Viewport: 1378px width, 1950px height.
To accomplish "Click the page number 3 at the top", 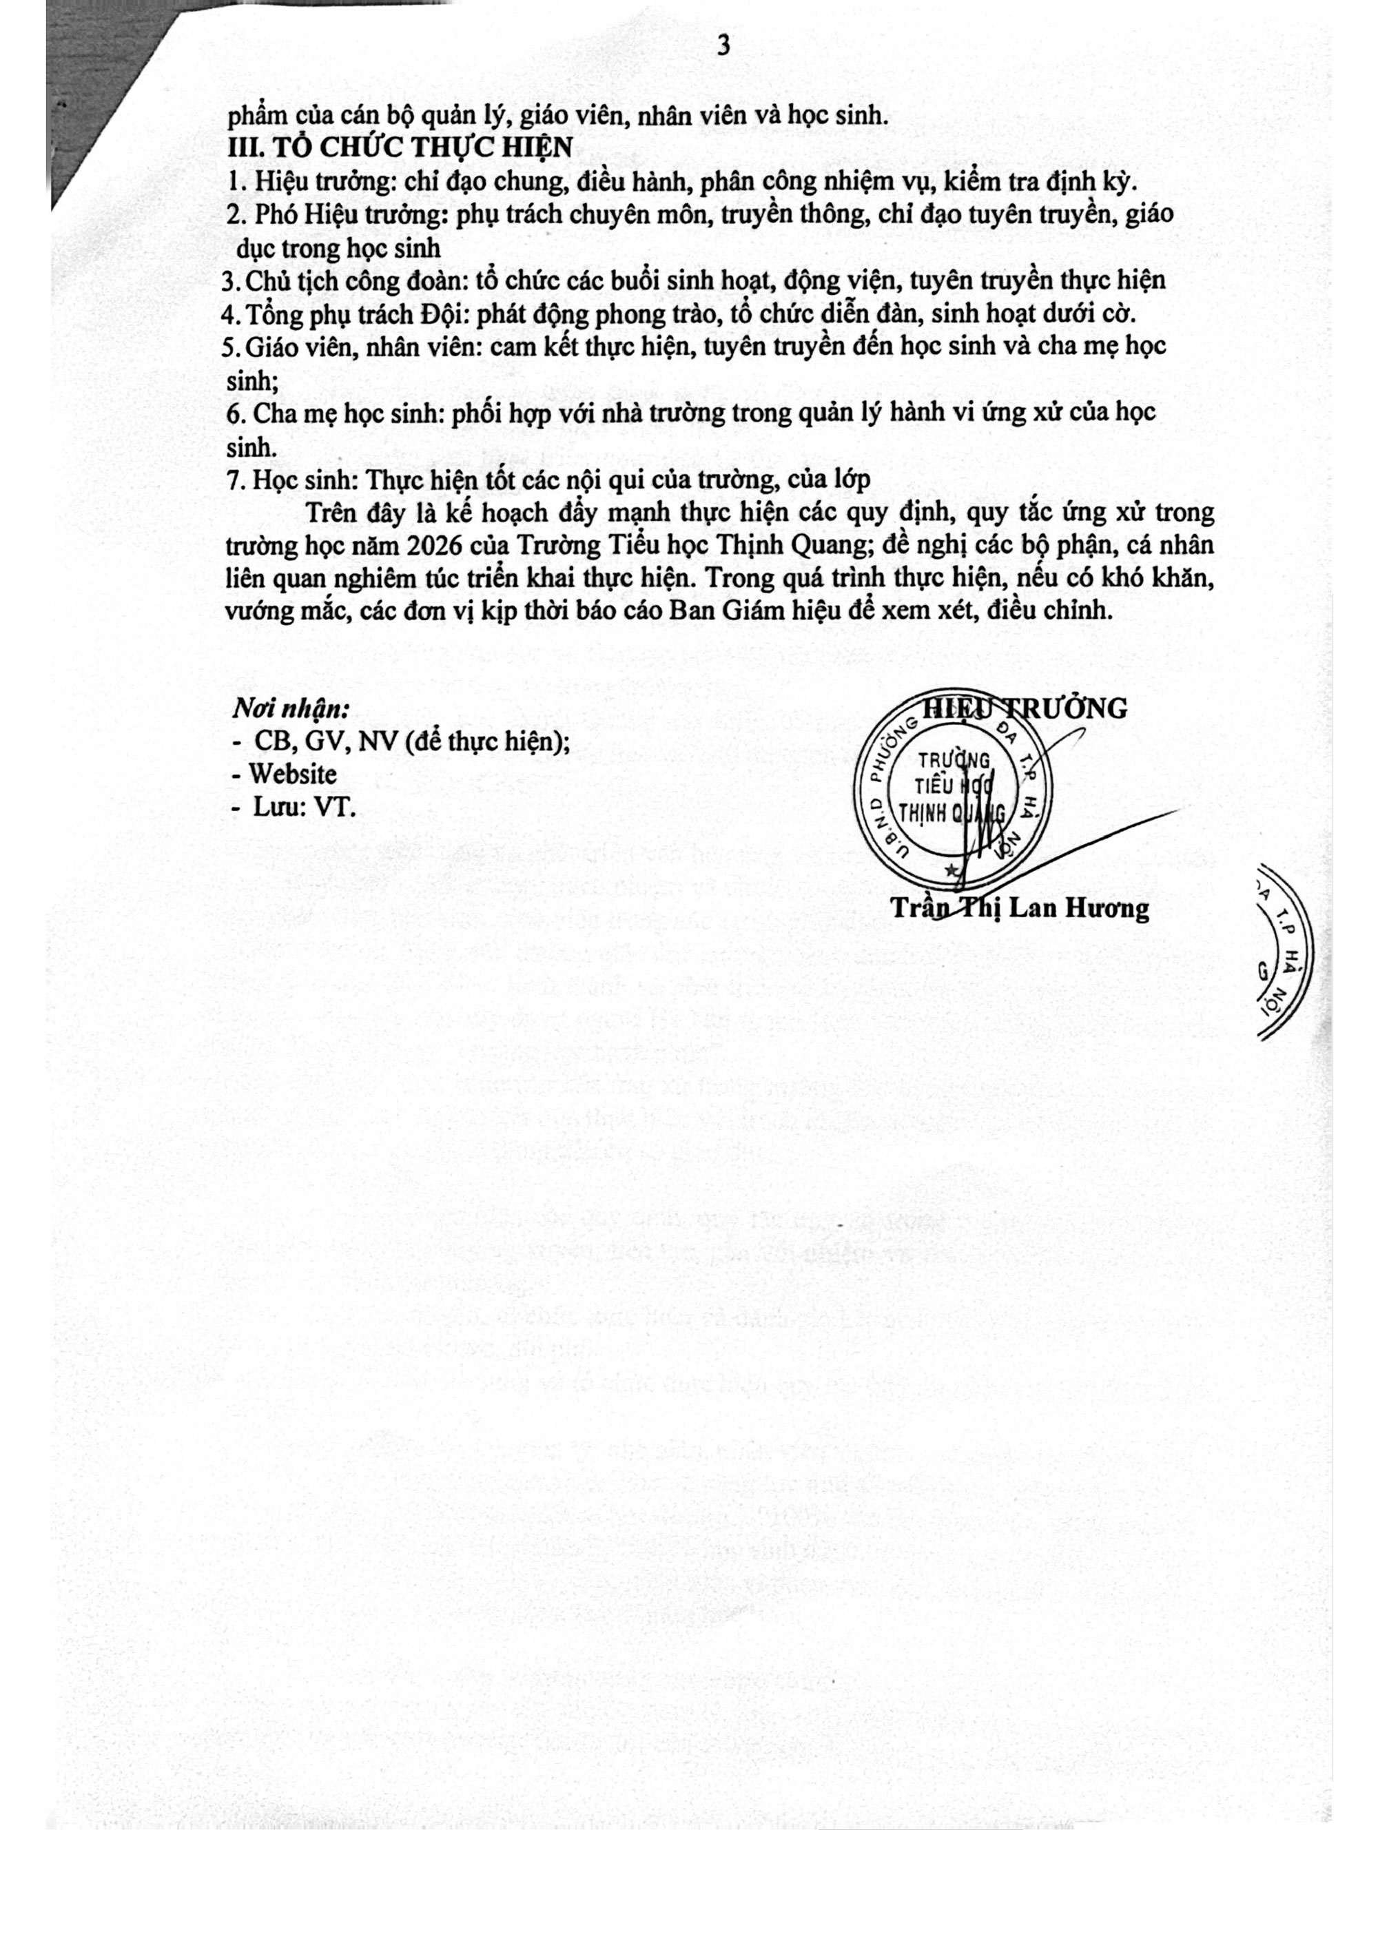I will [723, 46].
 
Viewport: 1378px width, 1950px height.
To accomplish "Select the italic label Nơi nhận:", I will [291, 709].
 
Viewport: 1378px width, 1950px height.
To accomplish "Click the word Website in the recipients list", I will [292, 774].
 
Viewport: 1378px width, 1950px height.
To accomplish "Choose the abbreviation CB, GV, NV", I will [327, 741].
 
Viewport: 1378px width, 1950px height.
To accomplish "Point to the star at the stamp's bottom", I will [951, 870].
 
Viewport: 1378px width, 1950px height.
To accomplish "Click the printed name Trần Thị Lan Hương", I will [1020, 908].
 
